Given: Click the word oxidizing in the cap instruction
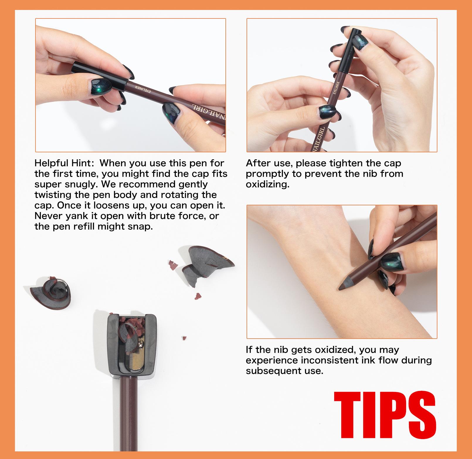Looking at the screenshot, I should [x=267, y=185].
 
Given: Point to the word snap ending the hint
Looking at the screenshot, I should [x=141, y=226].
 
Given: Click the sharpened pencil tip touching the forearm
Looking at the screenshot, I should [x=346, y=283].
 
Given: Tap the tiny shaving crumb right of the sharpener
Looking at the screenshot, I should [x=184, y=338].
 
